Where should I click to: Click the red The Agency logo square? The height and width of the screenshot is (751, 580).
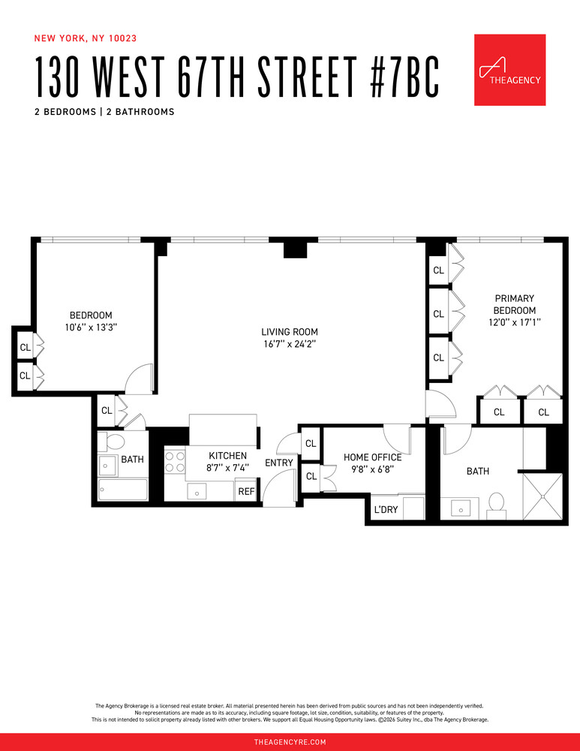509,70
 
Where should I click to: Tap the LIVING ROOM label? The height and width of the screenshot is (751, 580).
290,331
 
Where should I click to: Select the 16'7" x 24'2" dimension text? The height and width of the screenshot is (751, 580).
290,344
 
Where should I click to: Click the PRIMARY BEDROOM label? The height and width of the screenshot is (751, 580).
515,304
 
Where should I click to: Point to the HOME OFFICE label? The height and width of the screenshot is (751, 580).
372,457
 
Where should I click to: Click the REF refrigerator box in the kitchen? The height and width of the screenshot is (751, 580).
246,491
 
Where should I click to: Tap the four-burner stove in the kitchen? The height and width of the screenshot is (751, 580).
175,462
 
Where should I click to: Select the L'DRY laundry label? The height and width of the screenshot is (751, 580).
386,510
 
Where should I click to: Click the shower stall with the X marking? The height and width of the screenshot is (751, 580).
542,496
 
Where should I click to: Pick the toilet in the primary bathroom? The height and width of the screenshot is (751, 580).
497,505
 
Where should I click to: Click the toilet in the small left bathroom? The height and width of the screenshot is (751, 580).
113,441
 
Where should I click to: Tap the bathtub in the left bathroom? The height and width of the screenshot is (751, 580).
123,490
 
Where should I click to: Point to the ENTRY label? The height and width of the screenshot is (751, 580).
279,463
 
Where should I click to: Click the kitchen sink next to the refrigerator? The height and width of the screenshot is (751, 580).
197,490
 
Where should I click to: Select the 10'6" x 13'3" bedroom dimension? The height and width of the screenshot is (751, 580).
91,327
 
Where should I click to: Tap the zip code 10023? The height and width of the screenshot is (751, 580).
122,38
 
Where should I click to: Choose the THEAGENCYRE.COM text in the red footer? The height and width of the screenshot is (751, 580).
290,742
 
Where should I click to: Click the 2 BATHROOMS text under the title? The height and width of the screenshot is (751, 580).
140,112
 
